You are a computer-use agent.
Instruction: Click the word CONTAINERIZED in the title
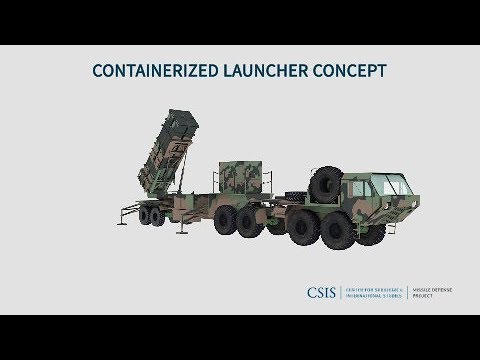(x=148, y=72)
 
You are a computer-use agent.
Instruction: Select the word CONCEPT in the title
(x=348, y=72)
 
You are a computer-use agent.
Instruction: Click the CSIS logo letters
(x=323, y=292)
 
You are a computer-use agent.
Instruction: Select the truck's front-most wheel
(x=370, y=229)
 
